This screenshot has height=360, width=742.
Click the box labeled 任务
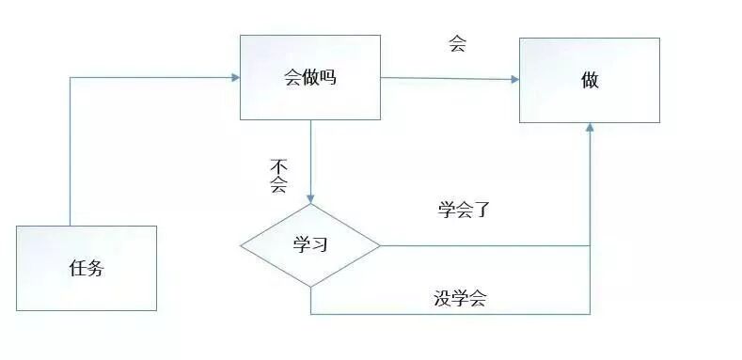coord(86,268)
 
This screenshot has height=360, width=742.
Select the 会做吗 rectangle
coord(310,77)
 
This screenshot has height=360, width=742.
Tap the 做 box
coord(590,80)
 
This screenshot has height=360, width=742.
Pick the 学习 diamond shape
coord(310,246)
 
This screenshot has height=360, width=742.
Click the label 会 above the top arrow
coord(458,44)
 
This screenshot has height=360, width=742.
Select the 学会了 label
coord(465,209)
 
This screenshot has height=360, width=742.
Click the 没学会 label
coord(460,299)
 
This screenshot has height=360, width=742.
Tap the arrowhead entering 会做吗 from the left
coord(234,77)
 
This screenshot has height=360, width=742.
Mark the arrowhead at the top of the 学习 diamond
coord(310,199)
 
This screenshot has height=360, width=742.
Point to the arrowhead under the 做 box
coord(590,127)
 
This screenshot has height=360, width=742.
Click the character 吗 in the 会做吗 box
coord(327,77)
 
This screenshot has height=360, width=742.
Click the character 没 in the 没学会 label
coord(443,299)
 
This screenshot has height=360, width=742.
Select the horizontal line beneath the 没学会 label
coord(451,314)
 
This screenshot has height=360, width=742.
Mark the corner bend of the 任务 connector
coord(71,77)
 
